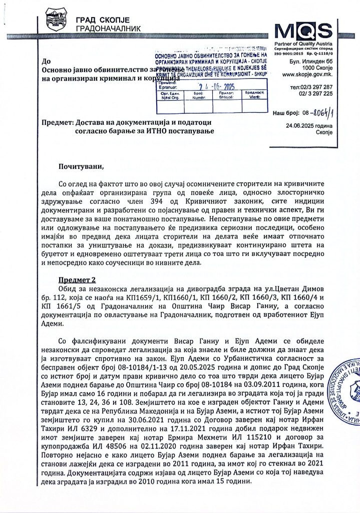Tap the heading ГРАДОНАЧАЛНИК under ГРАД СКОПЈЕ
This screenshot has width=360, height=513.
point(108,29)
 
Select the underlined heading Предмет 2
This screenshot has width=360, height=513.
point(77,279)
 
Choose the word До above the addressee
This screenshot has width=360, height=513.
point(47,62)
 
